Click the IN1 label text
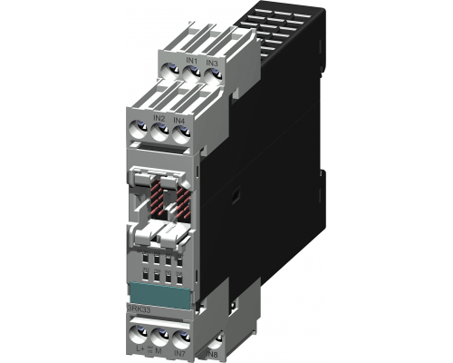(192, 60)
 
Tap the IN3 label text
(212, 62)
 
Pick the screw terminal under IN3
(212, 76)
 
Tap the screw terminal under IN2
(158, 132)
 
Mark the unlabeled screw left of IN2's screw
(139, 130)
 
